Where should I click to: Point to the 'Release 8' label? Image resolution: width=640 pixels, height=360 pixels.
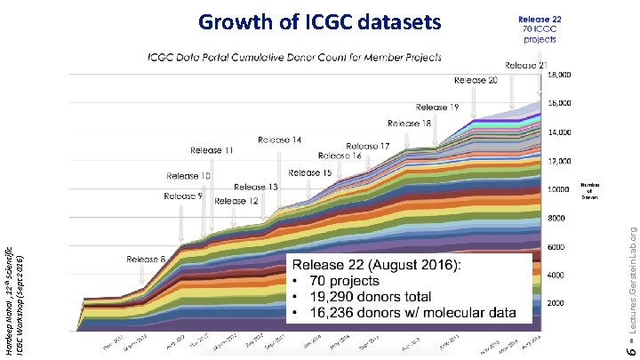(x=147, y=260)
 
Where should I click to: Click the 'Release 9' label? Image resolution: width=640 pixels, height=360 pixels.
(x=182, y=195)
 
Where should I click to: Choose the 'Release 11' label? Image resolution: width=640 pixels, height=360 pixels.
(x=211, y=151)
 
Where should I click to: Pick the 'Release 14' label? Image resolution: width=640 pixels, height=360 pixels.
(x=280, y=140)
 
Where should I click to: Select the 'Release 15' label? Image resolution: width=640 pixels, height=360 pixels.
(x=310, y=172)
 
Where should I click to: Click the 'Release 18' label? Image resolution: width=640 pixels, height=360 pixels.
(x=410, y=123)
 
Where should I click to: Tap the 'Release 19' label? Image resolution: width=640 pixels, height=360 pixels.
(x=437, y=108)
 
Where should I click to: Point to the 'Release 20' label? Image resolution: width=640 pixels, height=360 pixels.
(x=476, y=80)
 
